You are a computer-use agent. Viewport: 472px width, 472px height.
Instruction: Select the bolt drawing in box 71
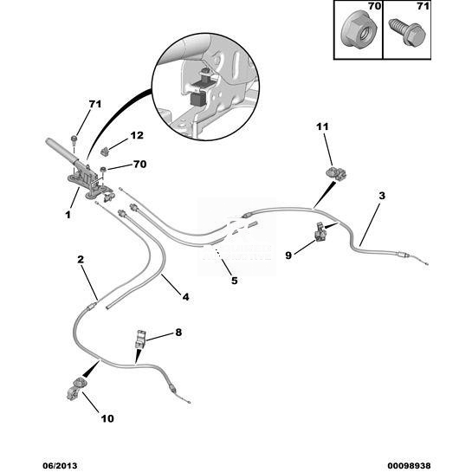407,33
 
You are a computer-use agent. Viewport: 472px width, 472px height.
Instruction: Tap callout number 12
137,135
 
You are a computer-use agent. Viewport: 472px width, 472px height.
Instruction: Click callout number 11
322,126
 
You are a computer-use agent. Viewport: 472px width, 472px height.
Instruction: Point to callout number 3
382,196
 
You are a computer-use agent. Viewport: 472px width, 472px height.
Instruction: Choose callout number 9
288,255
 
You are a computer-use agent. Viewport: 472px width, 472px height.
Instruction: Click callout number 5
234,281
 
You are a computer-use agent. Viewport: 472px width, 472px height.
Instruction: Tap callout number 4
185,297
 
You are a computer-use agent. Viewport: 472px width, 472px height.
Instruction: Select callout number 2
81,259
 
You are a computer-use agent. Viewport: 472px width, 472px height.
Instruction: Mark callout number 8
178,333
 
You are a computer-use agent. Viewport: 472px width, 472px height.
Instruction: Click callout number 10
107,418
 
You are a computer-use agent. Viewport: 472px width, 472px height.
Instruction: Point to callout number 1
68,215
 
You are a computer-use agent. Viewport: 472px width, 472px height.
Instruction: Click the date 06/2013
60,466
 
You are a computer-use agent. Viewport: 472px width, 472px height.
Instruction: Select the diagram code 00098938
409,466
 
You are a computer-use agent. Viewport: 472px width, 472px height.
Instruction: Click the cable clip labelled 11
337,174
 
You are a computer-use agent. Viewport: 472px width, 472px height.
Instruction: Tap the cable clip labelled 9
320,232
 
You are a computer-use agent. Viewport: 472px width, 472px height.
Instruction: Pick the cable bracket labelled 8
141,339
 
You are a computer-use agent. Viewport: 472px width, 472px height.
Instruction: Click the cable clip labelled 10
76,389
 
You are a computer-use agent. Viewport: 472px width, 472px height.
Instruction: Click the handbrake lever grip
61,150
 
